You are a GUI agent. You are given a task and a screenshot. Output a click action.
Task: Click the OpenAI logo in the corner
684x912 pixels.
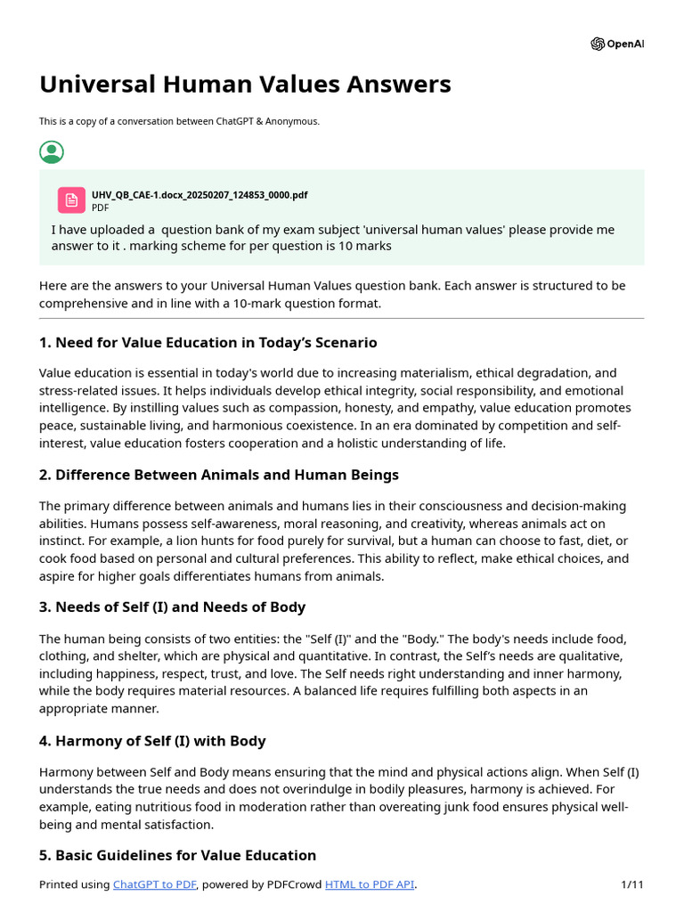pyautogui.click(x=598, y=44)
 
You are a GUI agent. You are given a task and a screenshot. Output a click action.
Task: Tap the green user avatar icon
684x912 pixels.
pyautogui.click(x=52, y=151)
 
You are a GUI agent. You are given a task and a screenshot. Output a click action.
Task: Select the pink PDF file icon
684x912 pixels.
pyautogui.click(x=71, y=199)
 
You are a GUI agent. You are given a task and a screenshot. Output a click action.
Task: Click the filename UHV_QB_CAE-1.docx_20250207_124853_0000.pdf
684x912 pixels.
pyautogui.click(x=199, y=195)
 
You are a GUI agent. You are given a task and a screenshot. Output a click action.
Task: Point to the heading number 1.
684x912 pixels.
pyautogui.click(x=45, y=343)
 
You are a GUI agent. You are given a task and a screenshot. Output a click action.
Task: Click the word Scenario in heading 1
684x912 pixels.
pyautogui.click(x=344, y=343)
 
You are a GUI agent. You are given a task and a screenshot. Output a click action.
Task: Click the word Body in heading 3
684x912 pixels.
pyautogui.click(x=287, y=607)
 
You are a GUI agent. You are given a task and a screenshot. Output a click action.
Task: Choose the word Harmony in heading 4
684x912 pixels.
pyautogui.click(x=86, y=741)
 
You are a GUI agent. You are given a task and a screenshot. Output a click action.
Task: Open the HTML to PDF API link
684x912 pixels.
pyautogui.click(x=370, y=884)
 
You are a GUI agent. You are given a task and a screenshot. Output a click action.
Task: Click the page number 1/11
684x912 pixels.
pyautogui.click(x=631, y=884)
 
